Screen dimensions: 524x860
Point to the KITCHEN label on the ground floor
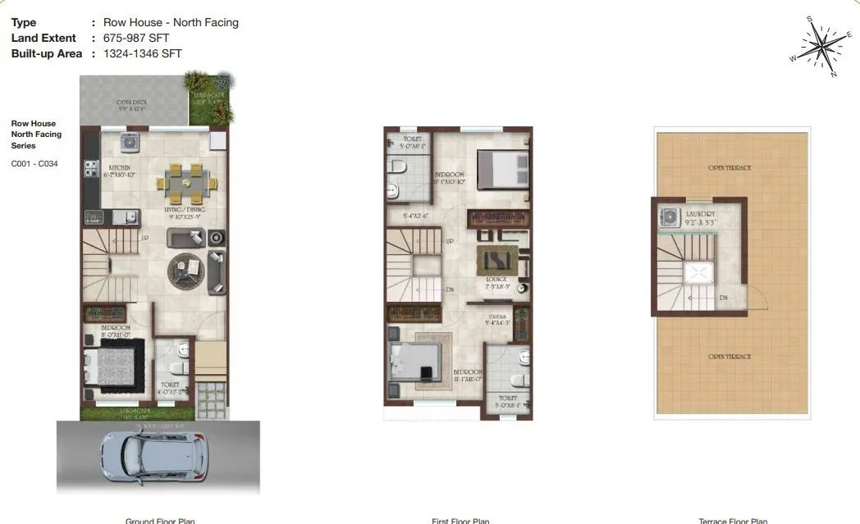pos(120,168)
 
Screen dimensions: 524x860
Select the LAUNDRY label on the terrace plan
pos(700,214)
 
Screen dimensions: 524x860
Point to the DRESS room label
pos(496,317)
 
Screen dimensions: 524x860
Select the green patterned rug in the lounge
pos(496,260)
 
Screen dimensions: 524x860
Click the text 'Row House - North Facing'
pos(171,22)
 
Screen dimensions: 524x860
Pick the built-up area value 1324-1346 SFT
pos(142,53)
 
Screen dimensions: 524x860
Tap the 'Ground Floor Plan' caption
pos(160,520)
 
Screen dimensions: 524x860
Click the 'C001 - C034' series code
pos(34,163)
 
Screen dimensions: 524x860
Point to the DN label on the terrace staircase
pos(724,298)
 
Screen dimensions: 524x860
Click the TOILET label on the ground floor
pos(170,384)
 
